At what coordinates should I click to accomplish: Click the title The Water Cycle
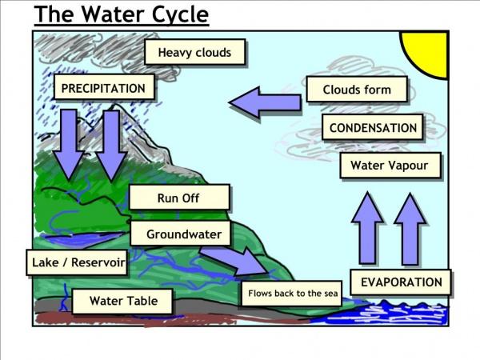(x=122, y=14)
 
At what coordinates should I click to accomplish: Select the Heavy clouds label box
(x=195, y=52)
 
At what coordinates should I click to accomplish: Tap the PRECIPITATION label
(x=104, y=87)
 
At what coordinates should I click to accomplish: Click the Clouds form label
(x=357, y=90)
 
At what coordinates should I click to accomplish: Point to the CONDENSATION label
(x=373, y=127)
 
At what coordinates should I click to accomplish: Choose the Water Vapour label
(x=390, y=166)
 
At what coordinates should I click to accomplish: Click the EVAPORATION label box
(x=401, y=282)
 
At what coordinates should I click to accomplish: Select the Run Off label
(x=179, y=198)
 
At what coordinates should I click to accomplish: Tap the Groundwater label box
(x=180, y=234)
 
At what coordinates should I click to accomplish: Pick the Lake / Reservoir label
(x=77, y=262)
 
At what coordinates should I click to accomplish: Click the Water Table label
(x=122, y=301)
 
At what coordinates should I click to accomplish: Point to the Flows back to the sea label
(x=292, y=294)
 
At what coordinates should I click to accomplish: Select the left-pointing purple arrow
(x=265, y=103)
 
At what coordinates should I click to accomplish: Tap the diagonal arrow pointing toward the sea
(x=234, y=259)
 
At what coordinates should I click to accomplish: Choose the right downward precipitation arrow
(x=111, y=146)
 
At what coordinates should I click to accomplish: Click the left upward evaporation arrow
(x=367, y=228)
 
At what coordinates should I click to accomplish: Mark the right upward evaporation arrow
(x=410, y=229)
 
